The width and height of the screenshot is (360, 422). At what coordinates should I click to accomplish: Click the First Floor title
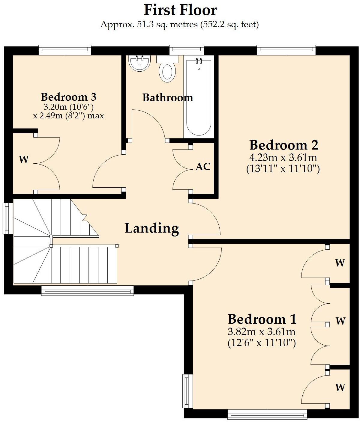180,10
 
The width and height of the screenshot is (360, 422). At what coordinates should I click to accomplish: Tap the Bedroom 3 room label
68,97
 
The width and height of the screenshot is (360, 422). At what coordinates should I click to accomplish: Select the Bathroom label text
167,98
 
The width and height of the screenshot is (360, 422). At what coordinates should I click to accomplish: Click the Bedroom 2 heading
283,145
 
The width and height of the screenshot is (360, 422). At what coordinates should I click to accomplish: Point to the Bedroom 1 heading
262,319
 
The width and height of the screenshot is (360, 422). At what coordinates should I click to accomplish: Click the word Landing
152,228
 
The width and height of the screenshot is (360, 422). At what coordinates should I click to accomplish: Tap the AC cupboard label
203,167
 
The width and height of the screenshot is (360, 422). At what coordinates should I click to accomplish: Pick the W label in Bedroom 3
24,160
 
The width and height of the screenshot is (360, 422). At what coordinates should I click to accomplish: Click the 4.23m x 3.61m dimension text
283,157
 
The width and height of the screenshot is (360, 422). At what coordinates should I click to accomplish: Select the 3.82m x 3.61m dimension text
262,332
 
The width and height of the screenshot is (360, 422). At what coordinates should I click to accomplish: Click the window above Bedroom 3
65,50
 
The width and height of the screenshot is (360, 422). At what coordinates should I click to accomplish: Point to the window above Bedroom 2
286,50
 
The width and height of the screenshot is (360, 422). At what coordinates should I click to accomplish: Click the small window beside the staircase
7,218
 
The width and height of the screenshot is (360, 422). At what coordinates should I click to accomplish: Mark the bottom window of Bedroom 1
267,415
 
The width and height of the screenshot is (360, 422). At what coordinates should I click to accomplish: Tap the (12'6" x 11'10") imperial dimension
262,343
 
